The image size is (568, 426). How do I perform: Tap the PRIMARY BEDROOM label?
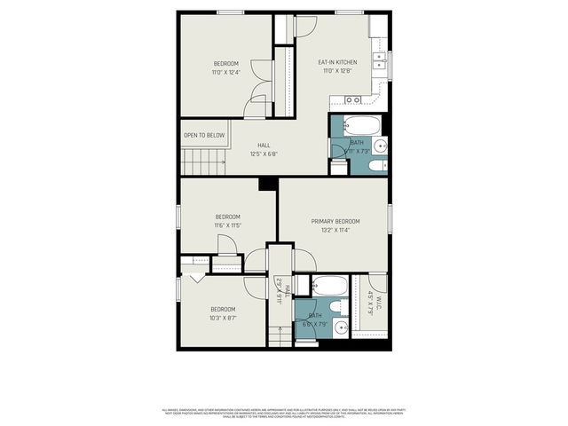tap(335, 221)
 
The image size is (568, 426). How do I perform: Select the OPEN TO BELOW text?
tap(203, 135)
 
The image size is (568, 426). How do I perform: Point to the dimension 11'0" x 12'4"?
tap(226, 72)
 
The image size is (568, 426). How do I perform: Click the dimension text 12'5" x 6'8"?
tap(264, 154)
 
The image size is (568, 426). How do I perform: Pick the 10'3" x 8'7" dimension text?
tap(223, 318)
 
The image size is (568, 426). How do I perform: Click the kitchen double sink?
tap(379, 59)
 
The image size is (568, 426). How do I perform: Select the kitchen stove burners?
tap(353, 100)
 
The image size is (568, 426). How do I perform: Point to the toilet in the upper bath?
tap(376, 165)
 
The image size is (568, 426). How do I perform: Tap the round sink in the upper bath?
tap(379, 146)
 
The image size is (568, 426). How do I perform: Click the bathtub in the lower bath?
tap(330, 285)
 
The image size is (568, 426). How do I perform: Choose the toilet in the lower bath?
tap(338, 307)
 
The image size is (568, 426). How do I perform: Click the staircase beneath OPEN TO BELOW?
tap(203, 162)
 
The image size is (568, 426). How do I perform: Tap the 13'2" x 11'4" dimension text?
tap(335, 230)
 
